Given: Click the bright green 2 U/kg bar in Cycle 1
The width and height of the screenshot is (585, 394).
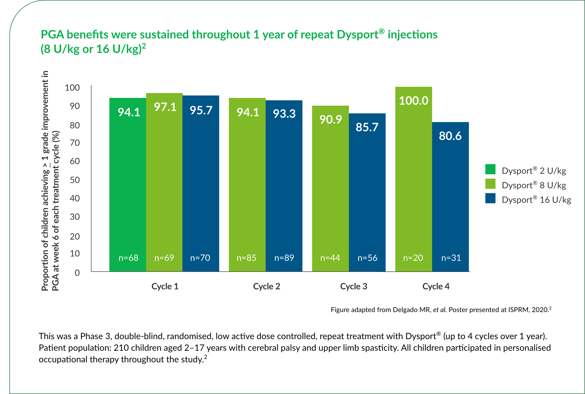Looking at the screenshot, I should (127, 185).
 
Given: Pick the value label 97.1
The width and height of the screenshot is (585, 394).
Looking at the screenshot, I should (165, 107).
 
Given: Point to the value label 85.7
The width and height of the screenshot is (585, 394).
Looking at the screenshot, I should (367, 127).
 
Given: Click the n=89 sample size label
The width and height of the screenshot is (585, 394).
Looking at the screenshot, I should (284, 258).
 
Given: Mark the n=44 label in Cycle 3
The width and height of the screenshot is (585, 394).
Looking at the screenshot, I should (330, 258).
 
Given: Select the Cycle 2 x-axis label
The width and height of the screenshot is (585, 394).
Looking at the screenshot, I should (266, 286).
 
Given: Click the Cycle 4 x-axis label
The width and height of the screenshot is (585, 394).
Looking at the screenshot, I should (436, 286).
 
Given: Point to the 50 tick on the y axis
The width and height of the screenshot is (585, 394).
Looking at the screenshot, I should (75, 180).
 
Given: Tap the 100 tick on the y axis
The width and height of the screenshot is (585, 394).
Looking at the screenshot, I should (72, 88).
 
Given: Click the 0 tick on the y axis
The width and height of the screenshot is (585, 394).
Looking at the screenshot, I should (77, 273).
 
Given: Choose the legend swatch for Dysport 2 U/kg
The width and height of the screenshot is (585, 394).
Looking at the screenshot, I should (490, 169).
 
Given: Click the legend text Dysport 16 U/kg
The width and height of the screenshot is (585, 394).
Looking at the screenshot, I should (536, 200).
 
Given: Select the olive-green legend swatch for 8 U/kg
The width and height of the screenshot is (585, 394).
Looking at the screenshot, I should (490, 184).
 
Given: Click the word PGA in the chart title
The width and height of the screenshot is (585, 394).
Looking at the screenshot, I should (52, 35).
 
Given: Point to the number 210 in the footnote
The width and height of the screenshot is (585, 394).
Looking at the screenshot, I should (121, 348).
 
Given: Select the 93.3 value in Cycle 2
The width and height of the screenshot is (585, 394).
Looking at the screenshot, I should (284, 114).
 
